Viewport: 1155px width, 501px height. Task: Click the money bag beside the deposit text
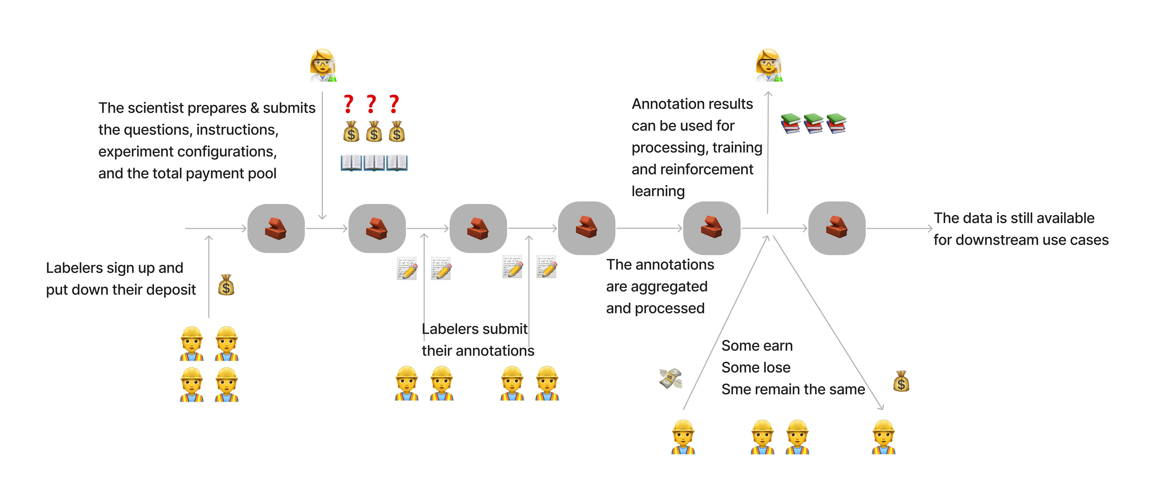226,285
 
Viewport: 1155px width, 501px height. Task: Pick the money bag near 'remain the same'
901,381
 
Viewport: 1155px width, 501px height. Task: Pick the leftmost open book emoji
351,163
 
